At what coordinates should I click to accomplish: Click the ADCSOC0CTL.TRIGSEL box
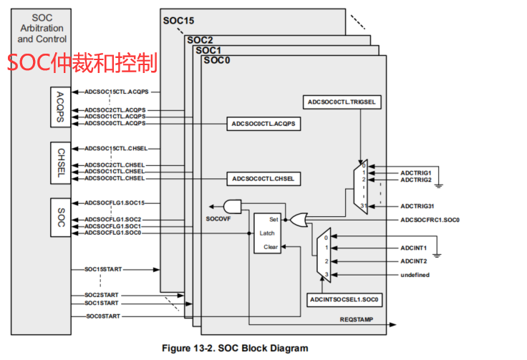pos(341,102)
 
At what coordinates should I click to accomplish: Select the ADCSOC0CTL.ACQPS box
pos(263,123)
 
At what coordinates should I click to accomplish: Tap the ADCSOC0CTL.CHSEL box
pos(263,177)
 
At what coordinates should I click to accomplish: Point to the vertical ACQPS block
pos(62,107)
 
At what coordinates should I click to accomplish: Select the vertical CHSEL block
pos(62,162)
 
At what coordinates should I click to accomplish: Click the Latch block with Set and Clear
pos(268,233)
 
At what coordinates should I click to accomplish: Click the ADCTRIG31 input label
pos(417,205)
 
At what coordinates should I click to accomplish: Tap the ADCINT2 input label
pos(414,261)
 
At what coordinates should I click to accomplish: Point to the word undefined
pos(415,275)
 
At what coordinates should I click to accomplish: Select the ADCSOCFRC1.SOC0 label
pos(430,220)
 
